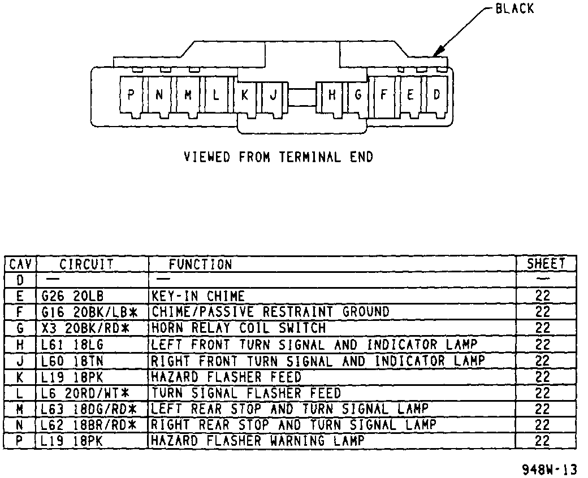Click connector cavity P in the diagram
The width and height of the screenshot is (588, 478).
(131, 95)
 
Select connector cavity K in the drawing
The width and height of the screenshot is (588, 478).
(244, 95)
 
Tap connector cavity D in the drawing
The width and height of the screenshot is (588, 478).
(436, 94)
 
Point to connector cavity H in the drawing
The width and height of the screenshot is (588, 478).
(332, 95)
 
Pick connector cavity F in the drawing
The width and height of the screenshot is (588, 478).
(383, 94)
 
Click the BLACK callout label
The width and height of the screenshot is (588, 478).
(514, 9)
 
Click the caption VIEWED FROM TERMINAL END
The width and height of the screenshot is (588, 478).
(278, 157)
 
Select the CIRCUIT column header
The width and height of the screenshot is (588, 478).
(87, 264)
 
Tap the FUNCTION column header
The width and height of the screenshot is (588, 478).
(201, 264)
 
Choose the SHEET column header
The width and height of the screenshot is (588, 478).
(546, 263)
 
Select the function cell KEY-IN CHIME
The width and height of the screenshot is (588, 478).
(198, 296)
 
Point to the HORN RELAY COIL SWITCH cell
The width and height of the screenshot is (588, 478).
(239, 328)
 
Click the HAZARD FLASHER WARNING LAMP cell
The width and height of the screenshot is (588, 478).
(257, 440)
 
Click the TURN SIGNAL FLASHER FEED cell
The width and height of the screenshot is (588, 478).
(246, 392)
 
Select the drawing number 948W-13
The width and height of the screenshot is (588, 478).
(550, 468)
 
